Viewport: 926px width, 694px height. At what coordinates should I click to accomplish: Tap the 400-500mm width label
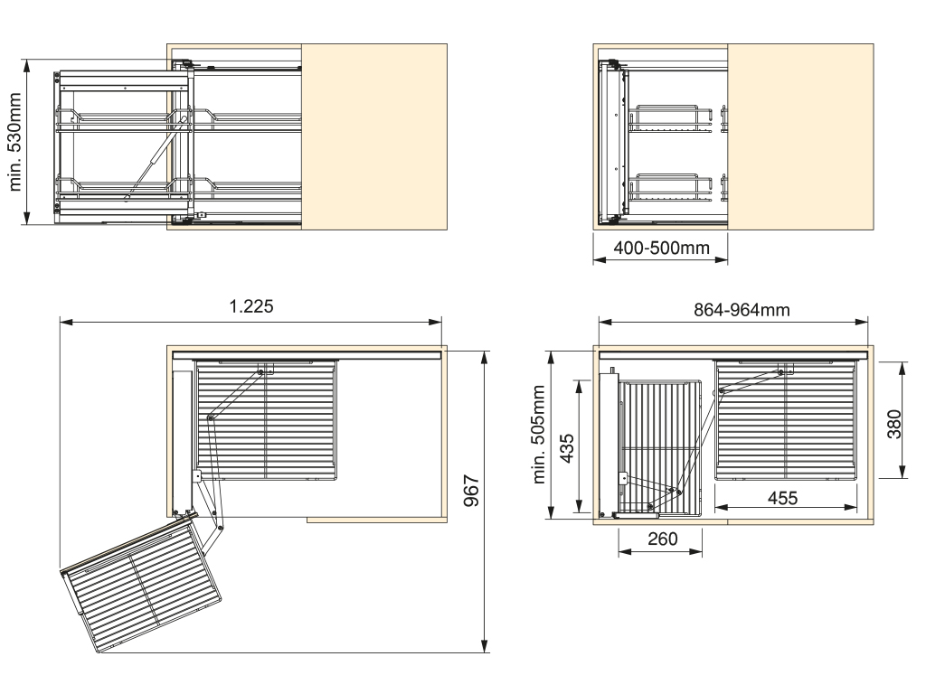pyautogui.click(x=661, y=248)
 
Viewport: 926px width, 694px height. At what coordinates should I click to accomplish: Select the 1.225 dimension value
pyautogui.click(x=251, y=306)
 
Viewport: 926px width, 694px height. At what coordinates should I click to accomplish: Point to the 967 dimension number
pyautogui.click(x=471, y=491)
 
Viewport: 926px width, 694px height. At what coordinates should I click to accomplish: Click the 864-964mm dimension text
pyautogui.click(x=742, y=310)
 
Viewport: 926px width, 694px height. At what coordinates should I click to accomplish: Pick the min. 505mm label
pyautogui.click(x=539, y=435)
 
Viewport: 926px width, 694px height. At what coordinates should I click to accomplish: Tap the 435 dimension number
pyautogui.click(x=566, y=448)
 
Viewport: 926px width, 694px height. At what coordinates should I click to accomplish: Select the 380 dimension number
pyautogui.click(x=894, y=424)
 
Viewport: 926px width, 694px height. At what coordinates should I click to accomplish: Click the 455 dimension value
pyautogui.click(x=782, y=498)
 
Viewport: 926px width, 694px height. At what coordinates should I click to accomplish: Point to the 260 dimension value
pyautogui.click(x=663, y=539)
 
